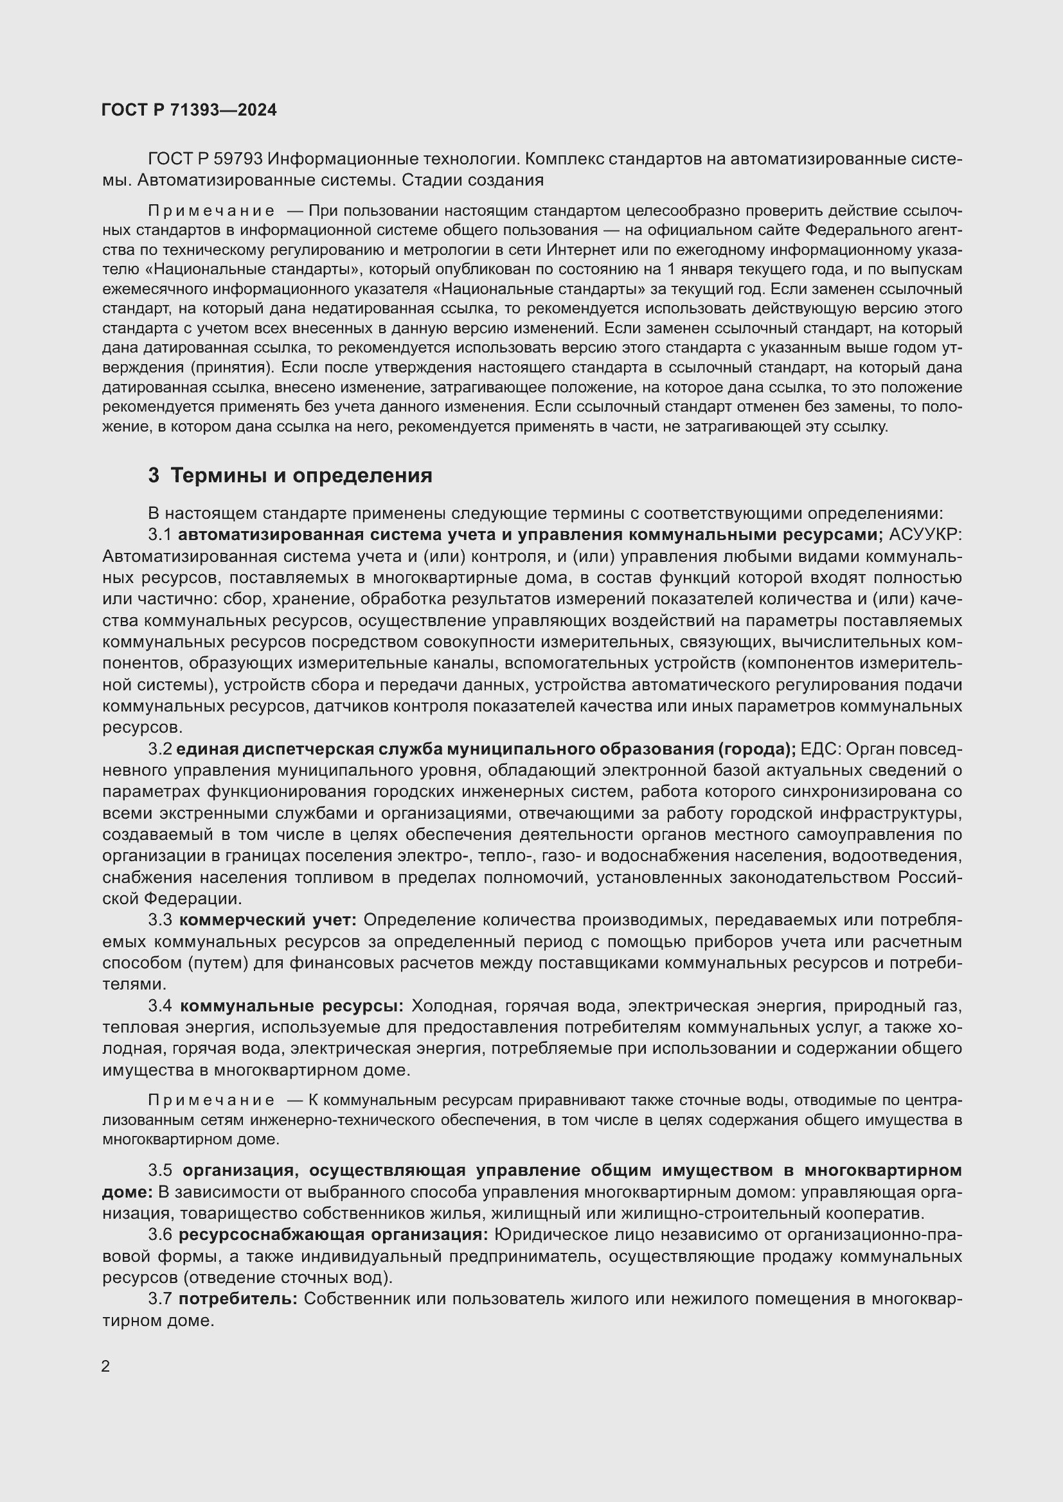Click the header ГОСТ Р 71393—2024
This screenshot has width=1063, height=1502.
click(189, 110)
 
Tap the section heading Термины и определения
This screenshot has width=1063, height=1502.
click(301, 476)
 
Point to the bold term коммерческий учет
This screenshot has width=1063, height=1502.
click(267, 920)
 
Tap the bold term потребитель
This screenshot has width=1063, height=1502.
click(238, 1298)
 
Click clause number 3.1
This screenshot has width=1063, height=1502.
click(160, 534)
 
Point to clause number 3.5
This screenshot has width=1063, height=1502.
click(160, 1171)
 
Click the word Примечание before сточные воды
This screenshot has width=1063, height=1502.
click(211, 1101)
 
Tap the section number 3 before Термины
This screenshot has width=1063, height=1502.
click(154, 476)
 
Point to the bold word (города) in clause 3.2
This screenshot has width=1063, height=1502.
click(757, 749)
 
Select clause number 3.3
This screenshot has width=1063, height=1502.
click(160, 920)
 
